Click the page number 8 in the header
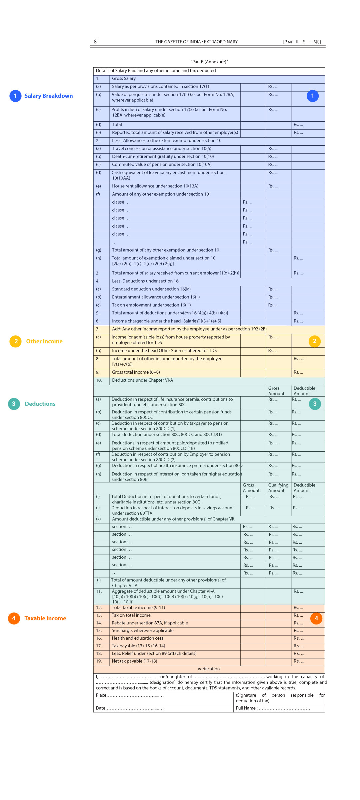pyautogui.click(x=95, y=42)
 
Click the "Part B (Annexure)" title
pyautogui.click(x=209, y=62)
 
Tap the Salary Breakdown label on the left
pyautogui.click(x=48, y=96)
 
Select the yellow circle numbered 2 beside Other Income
pyautogui.click(x=16, y=341)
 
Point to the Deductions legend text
pyautogui.click(x=40, y=404)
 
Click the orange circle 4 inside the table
pyautogui.click(x=316, y=618)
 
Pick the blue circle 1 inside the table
pyautogui.click(x=312, y=96)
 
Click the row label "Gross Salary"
pyautogui.click(x=124, y=79)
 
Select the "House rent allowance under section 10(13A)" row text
pyautogui.click(x=155, y=186)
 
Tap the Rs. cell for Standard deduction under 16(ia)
pyautogui.click(x=273, y=289)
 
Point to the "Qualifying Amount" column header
pyautogui.click(x=278, y=488)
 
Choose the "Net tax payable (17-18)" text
pyautogui.click(x=134, y=661)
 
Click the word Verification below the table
pyautogui.click(x=209, y=669)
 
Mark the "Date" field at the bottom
pyautogui.click(x=101, y=708)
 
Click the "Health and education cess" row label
pyautogui.click(x=137, y=638)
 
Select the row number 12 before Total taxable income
pyautogui.click(x=99, y=608)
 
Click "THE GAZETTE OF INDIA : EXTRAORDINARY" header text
pyautogui.click(x=196, y=42)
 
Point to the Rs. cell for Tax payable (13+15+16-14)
pyautogui.click(x=299, y=646)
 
